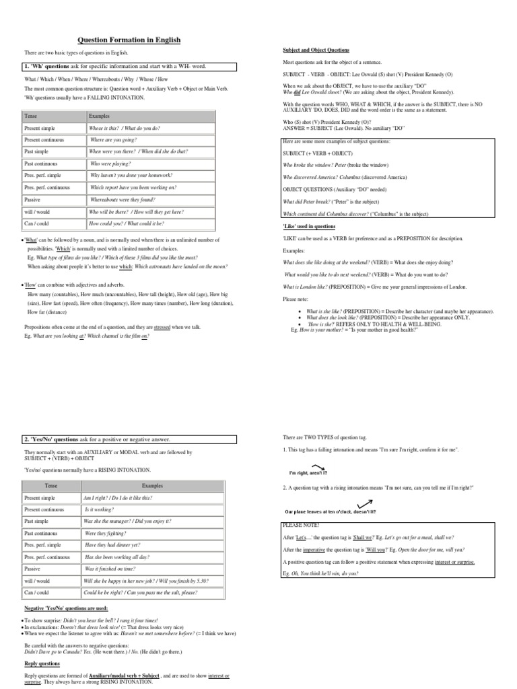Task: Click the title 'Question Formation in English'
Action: click(x=129, y=40)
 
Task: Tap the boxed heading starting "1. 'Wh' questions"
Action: click(x=129, y=67)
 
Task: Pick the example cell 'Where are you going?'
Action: click(x=113, y=139)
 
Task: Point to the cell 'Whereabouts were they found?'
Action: click(x=123, y=200)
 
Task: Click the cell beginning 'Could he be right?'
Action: click(x=140, y=593)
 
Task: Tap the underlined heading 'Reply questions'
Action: click(x=42, y=663)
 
